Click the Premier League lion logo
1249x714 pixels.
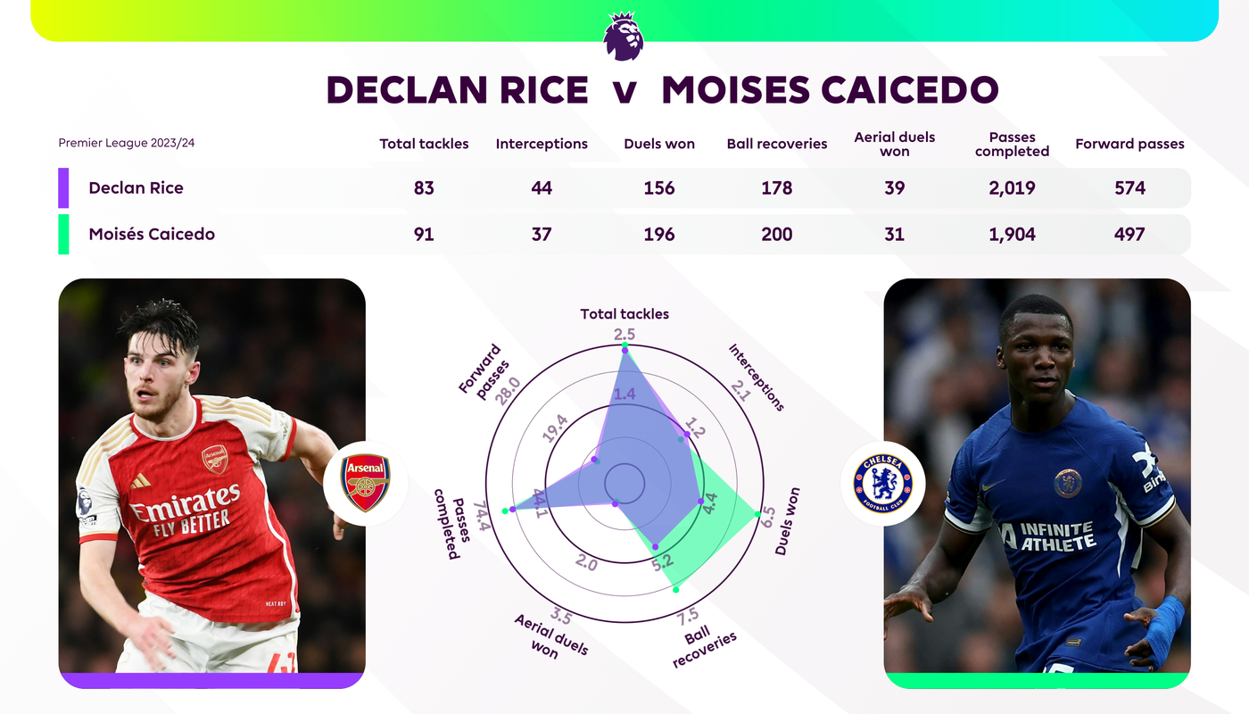point(624,36)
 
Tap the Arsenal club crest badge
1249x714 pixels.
point(366,483)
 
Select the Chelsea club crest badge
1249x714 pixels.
point(883,483)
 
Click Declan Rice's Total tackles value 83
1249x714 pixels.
point(424,188)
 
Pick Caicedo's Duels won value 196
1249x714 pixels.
point(659,234)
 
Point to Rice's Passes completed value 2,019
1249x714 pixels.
point(1012,188)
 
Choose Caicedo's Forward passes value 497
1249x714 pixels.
point(1129,234)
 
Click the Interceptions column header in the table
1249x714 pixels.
point(542,144)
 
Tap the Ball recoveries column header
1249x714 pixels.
point(777,144)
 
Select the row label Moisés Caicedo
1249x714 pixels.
point(152,234)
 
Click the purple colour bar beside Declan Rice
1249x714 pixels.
point(63,188)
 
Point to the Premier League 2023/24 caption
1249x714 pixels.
point(127,143)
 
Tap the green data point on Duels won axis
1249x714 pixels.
point(757,514)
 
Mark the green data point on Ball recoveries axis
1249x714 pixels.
point(676,590)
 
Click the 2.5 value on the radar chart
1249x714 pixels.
point(624,335)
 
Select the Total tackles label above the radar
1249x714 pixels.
point(624,314)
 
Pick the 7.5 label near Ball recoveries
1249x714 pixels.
point(688,617)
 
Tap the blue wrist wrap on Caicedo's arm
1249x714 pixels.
point(1164,630)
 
